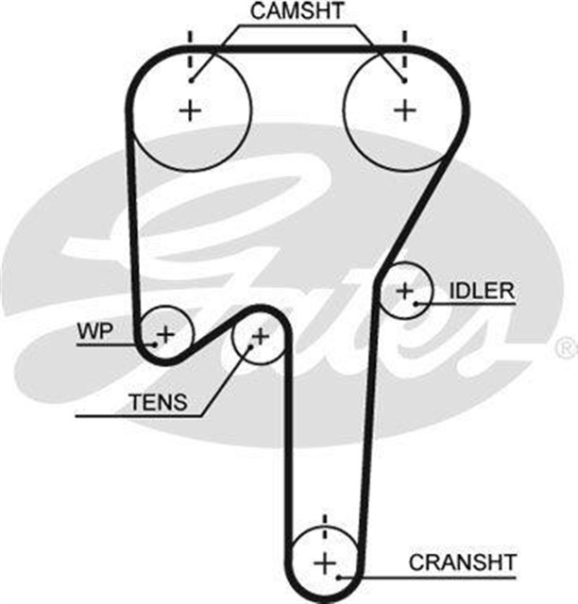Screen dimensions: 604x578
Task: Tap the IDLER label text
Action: [482, 289]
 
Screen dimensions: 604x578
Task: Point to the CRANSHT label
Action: [463, 562]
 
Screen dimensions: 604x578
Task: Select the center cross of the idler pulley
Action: [405, 291]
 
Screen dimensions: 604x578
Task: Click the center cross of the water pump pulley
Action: [166, 333]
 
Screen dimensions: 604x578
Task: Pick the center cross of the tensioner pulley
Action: [259, 335]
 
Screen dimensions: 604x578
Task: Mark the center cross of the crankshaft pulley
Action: [324, 563]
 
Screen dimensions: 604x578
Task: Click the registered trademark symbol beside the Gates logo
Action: [564, 348]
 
